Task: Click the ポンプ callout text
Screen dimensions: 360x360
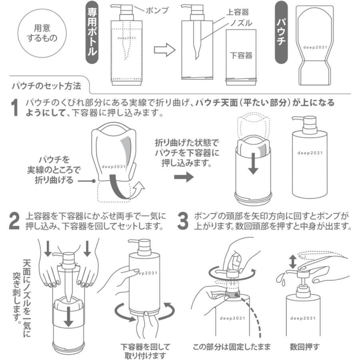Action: click(156, 10)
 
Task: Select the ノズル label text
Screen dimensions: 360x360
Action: click(241, 23)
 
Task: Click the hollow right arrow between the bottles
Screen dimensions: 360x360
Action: click(165, 50)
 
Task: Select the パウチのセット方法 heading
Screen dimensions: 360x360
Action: click(46, 86)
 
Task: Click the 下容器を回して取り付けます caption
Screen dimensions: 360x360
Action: click(145, 350)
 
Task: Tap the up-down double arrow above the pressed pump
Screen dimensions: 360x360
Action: click(293, 262)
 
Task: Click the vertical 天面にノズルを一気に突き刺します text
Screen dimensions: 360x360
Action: click(22, 292)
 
